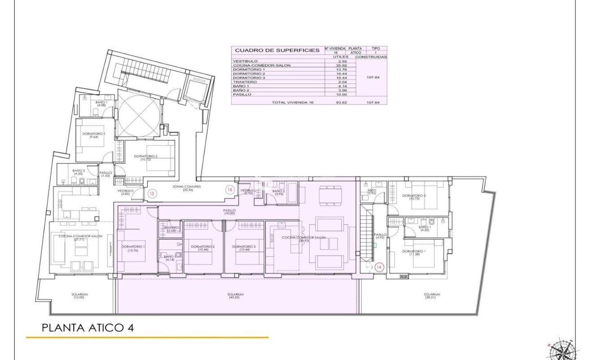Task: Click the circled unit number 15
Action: click(152, 194)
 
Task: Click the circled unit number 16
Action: click(230, 190)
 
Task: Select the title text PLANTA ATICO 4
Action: click(87, 328)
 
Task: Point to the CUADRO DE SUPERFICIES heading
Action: click(277, 50)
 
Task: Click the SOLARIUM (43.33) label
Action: click(233, 296)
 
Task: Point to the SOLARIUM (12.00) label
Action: click(79, 296)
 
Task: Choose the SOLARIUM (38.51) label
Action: click(432, 296)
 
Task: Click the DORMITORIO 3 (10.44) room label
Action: click(245, 248)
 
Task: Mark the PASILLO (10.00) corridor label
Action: click(230, 211)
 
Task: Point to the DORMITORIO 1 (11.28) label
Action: click(413, 253)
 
